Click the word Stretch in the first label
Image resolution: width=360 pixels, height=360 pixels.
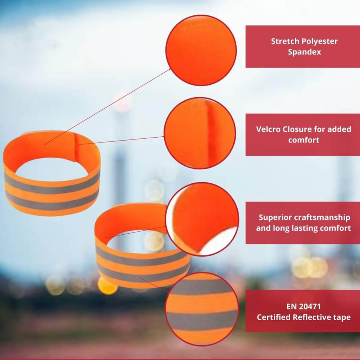click(x=283, y=41)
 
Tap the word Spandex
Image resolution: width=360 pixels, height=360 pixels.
click(x=304, y=52)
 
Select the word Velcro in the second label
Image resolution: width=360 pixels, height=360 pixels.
click(x=269, y=129)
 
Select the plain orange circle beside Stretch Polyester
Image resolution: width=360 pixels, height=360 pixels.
click(x=201, y=50)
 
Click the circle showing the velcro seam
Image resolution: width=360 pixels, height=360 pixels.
click(x=200, y=133)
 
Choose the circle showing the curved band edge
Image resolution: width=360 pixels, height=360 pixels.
click(x=202, y=219)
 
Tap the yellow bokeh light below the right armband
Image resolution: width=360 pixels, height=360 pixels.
click(x=107, y=286)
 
